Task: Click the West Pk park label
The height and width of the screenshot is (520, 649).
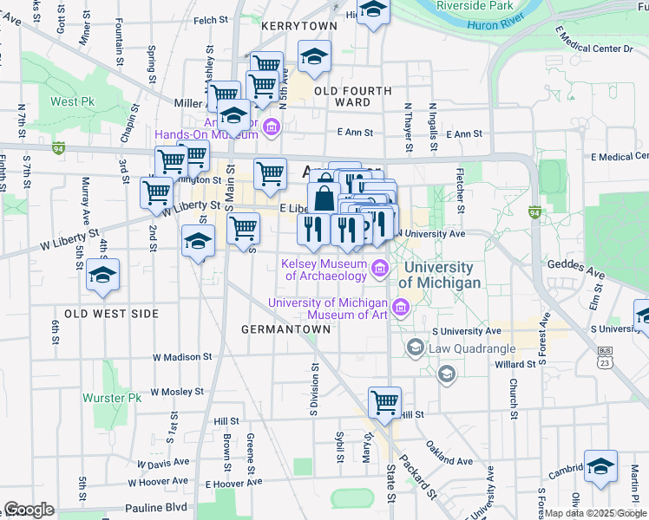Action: [x=72, y=101]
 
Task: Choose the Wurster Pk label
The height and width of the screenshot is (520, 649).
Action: [x=112, y=398]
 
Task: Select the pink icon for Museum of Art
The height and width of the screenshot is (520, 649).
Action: [x=400, y=308]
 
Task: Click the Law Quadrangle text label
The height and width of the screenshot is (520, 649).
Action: [x=470, y=348]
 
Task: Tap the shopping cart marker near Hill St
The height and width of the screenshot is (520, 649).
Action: [x=384, y=402]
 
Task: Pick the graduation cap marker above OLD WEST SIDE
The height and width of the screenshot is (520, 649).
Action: [x=103, y=275]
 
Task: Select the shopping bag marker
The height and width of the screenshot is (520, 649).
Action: [x=324, y=198]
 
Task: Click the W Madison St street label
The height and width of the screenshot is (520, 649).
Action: [x=182, y=356]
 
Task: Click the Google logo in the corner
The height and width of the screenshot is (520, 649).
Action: [x=29, y=510]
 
